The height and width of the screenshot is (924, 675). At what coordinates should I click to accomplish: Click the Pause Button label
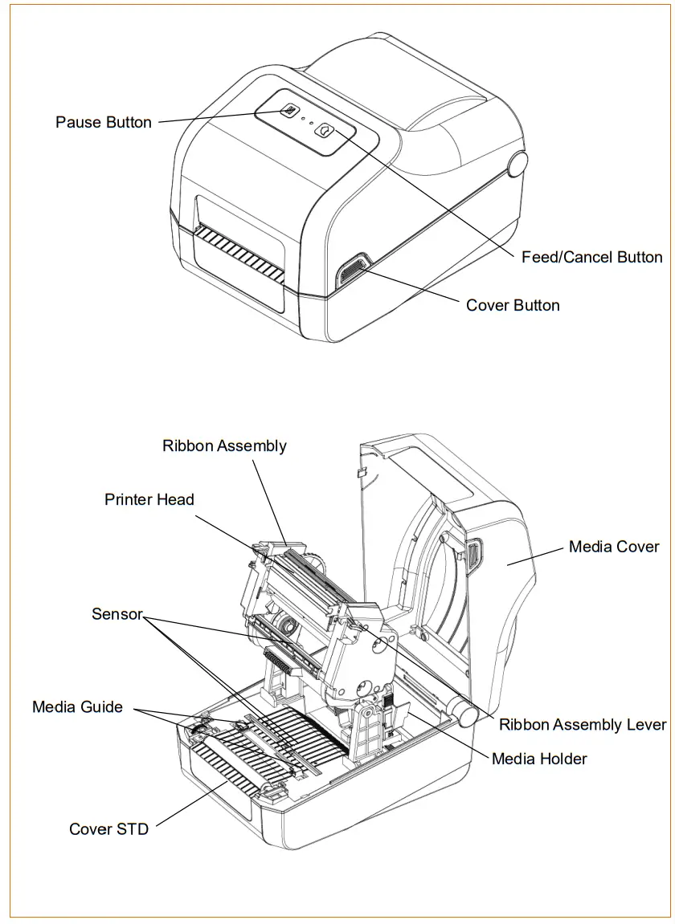tap(104, 122)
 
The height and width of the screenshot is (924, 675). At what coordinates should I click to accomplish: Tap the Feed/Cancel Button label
tap(591, 257)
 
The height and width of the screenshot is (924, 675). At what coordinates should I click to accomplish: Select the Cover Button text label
tap(513, 305)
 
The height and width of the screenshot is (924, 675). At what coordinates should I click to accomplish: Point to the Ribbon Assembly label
tap(224, 446)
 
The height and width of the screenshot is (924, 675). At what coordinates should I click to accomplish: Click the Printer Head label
tap(149, 499)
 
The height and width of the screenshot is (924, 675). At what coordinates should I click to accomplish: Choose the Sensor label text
tap(117, 614)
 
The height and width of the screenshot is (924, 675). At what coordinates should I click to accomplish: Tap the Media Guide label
tap(77, 706)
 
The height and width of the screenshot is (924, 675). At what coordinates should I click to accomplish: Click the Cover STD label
tap(108, 829)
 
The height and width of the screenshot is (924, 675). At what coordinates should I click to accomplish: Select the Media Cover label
tap(614, 547)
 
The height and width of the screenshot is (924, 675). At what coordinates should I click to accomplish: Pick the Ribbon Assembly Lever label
tap(583, 725)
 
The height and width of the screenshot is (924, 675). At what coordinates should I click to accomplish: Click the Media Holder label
tap(539, 759)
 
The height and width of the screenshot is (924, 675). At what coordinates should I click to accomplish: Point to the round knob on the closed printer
tap(518, 164)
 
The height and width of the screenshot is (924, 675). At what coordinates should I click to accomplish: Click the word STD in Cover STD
tap(131, 829)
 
